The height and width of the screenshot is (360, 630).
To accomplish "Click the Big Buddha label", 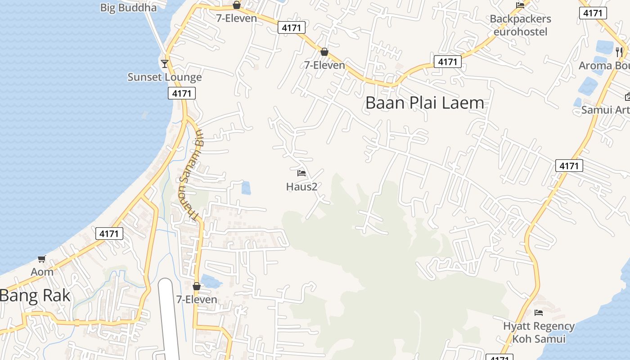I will click(128, 7).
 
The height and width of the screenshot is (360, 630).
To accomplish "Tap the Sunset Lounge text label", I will click(165, 77).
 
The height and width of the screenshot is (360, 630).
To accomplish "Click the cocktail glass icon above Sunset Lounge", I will click(165, 63).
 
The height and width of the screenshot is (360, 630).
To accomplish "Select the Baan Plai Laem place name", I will click(425, 103).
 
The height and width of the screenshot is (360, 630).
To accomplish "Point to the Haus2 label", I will click(302, 186).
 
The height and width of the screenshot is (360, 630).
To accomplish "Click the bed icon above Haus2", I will click(301, 173).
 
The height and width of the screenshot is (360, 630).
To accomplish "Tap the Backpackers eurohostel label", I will click(521, 25).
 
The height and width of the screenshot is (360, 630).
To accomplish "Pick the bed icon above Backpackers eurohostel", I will click(521, 5).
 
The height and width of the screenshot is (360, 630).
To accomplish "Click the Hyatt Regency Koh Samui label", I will click(539, 332).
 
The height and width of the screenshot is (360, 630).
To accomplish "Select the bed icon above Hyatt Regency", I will click(539, 312).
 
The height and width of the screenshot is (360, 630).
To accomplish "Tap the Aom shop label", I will click(42, 272).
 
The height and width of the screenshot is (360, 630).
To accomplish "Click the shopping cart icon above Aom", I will click(42, 259).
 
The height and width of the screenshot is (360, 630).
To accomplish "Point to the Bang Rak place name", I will click(35, 296).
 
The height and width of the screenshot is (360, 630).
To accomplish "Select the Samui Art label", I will click(605, 110).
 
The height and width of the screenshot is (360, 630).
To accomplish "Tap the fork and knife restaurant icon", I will click(620, 52).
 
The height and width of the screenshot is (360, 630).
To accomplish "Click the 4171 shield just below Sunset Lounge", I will click(182, 94).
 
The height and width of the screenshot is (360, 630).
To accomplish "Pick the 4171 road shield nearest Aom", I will click(109, 234).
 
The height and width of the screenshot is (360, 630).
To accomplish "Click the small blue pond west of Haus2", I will click(246, 188).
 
